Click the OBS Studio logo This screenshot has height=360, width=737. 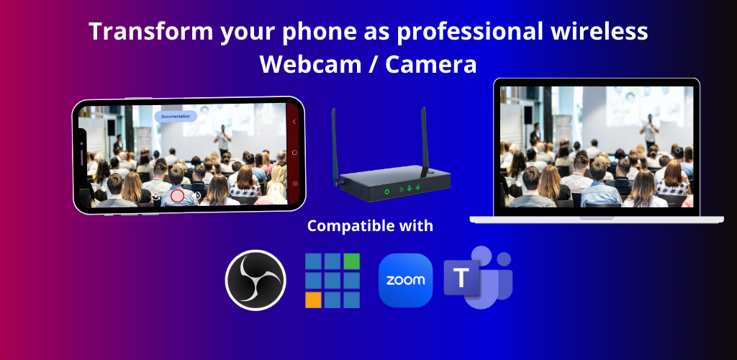pos(256,280)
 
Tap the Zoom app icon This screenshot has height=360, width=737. pos(405,280)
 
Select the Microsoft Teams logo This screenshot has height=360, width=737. pos(478,277)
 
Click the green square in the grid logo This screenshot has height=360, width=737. pos(351,261)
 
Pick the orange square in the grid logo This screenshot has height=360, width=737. pos(313,300)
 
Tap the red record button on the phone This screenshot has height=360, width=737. pos(177,196)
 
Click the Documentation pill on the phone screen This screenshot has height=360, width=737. pos(176,116)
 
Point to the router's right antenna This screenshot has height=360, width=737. pos(425,141)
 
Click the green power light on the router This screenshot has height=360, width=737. pos(386,191)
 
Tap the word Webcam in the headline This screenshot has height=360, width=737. pos(309,64)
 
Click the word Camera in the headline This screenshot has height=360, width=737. pos(431,64)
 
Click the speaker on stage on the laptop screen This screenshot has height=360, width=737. pos(650,132)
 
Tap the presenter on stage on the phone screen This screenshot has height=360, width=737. pos(222,140)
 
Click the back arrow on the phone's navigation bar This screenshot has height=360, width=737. pos(294,122)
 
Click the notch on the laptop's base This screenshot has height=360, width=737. pos(597,217)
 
